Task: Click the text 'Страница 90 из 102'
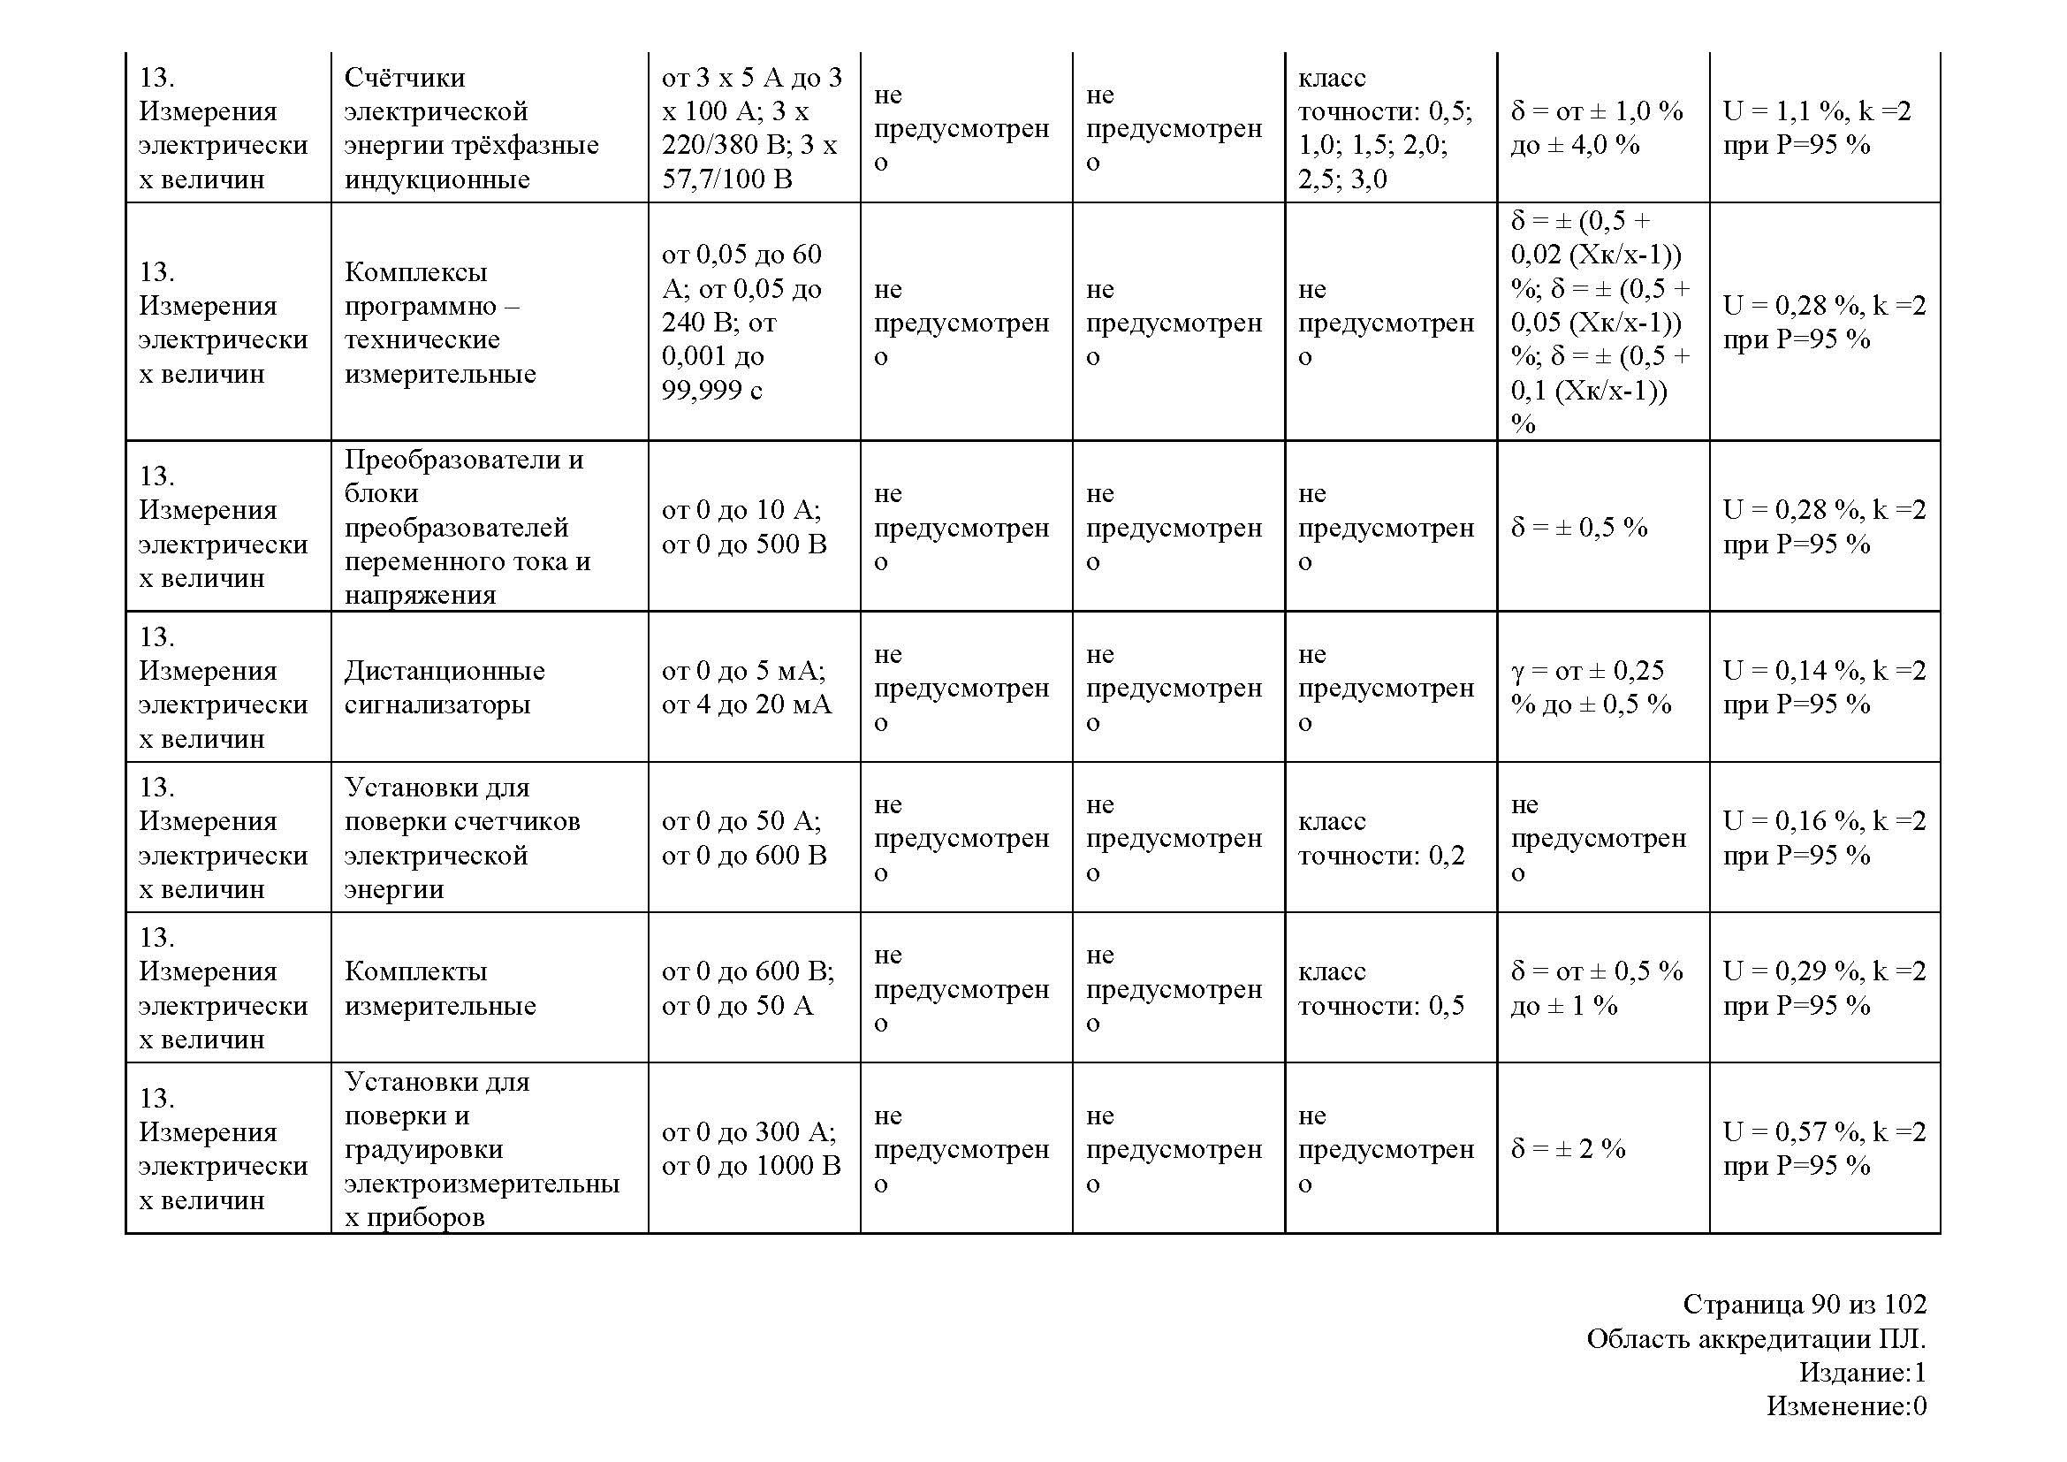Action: (1805, 1305)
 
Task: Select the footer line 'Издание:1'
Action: (1862, 1372)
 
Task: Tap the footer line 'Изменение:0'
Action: (1845, 1405)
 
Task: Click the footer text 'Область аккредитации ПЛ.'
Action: (1756, 1338)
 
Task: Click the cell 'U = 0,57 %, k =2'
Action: (1824, 1149)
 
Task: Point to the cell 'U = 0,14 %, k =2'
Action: (1824, 687)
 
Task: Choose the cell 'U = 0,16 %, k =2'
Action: (1824, 837)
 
